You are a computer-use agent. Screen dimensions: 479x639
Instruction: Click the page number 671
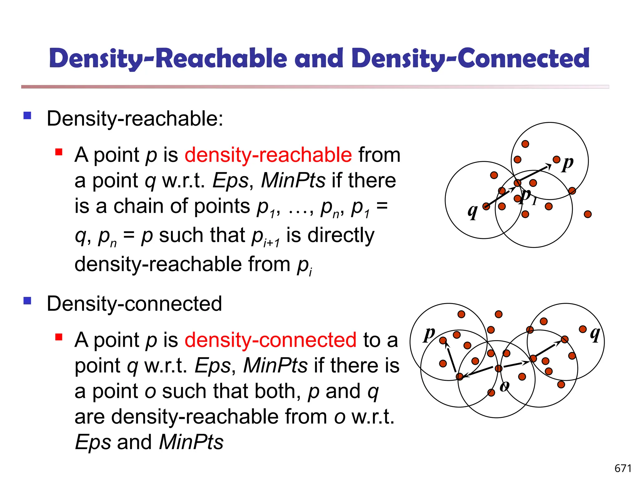click(x=623, y=468)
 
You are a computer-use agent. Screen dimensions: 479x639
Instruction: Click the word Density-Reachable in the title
click(x=168, y=58)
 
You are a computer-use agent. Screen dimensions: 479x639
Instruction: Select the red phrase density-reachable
click(x=268, y=155)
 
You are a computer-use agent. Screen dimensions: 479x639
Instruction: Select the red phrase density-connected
click(x=270, y=340)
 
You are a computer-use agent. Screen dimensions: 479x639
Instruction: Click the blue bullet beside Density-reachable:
click(x=27, y=116)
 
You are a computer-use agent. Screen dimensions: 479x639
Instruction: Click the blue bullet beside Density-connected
click(x=27, y=301)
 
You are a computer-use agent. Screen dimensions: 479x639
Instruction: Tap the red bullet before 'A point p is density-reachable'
click(x=59, y=152)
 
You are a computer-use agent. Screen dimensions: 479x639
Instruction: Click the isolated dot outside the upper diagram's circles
click(x=588, y=214)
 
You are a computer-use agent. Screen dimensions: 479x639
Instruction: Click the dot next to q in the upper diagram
click(x=486, y=206)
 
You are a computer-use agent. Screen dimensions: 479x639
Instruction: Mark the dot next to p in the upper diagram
click(x=556, y=160)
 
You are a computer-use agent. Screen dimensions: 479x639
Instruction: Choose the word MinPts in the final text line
click(x=191, y=442)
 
